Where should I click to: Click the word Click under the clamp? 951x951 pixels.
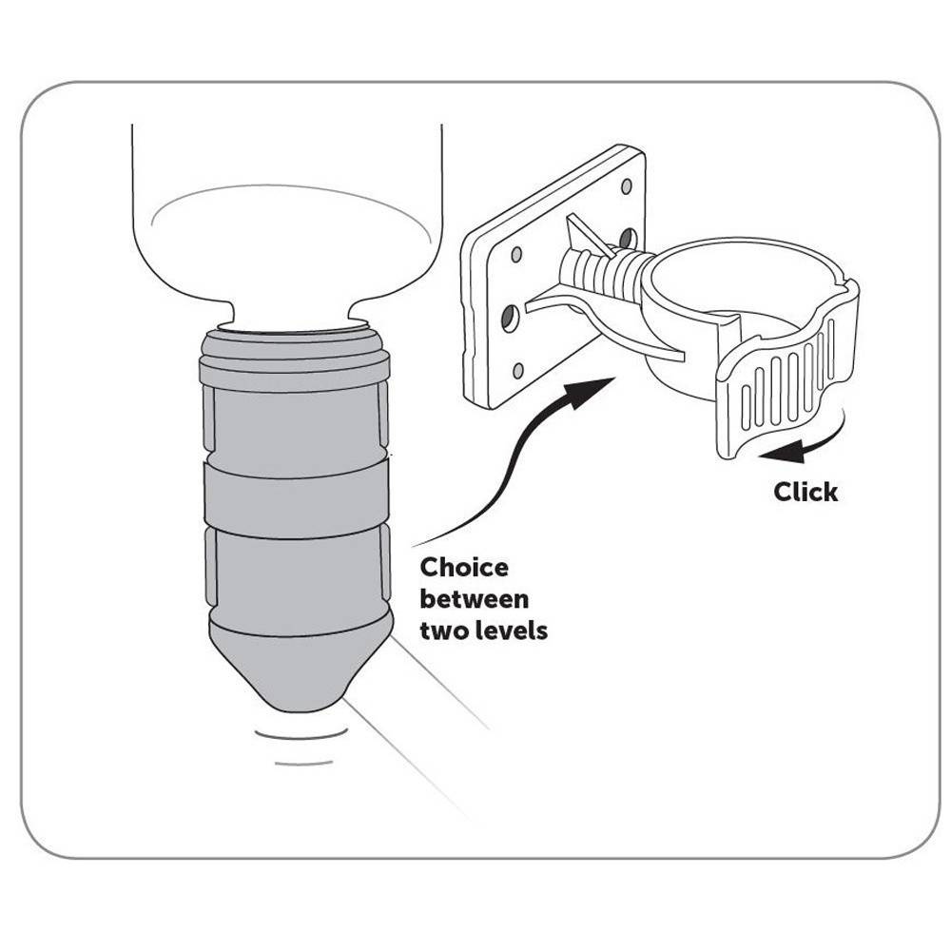click(x=805, y=492)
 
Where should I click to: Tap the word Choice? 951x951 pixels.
click(x=464, y=568)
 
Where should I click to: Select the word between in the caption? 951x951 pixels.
click(x=475, y=599)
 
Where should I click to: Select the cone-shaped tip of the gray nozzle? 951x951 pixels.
click(x=301, y=670)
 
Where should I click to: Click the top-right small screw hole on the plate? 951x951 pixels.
click(x=627, y=186)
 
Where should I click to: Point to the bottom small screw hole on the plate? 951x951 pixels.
click(x=518, y=371)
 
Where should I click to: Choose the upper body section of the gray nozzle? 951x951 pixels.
click(x=296, y=424)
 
